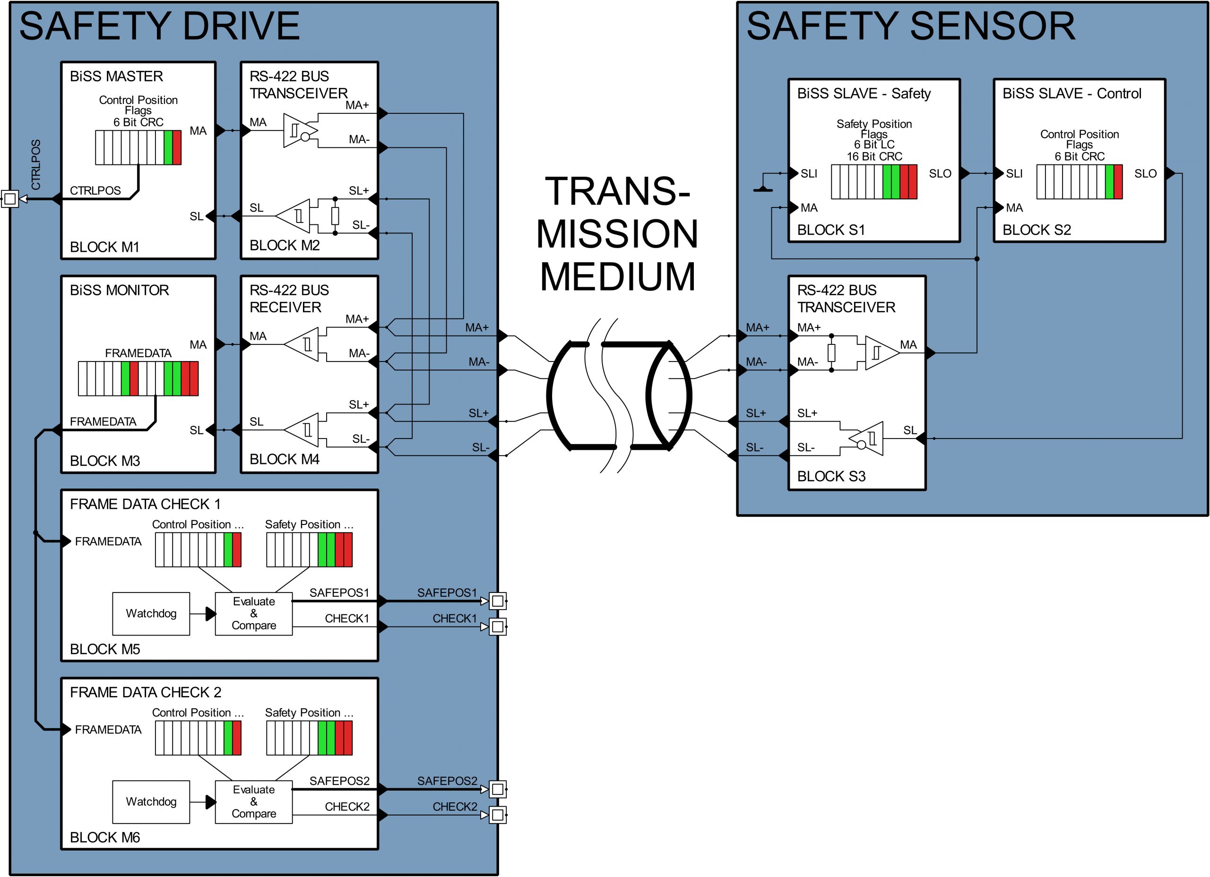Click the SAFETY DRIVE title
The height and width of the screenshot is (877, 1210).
tap(159, 26)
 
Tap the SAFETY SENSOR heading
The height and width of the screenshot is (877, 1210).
tap(910, 26)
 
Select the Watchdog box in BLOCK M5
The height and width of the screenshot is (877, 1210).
tap(151, 613)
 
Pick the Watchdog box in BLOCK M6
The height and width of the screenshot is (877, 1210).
tap(151, 802)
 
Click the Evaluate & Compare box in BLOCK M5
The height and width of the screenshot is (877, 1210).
tap(253, 613)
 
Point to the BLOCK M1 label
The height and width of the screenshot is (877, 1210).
tap(104, 247)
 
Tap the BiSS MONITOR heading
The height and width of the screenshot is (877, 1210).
tap(119, 290)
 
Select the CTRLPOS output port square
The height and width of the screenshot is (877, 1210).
tap(9, 199)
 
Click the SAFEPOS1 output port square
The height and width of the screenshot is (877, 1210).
tap(497, 601)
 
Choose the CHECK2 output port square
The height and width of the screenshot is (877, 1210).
tap(497, 815)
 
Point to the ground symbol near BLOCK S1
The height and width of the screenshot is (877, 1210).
tap(763, 188)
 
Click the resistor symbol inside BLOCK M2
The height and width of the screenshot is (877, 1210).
tap(335, 215)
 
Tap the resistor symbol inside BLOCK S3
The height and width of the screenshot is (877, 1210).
tap(831, 353)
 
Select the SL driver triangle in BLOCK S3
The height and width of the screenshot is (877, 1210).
tap(867, 438)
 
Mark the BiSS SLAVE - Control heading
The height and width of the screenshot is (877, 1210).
tap(1072, 94)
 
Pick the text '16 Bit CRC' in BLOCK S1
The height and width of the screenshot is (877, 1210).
tap(874, 156)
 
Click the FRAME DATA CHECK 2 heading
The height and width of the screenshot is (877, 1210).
tap(145, 692)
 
